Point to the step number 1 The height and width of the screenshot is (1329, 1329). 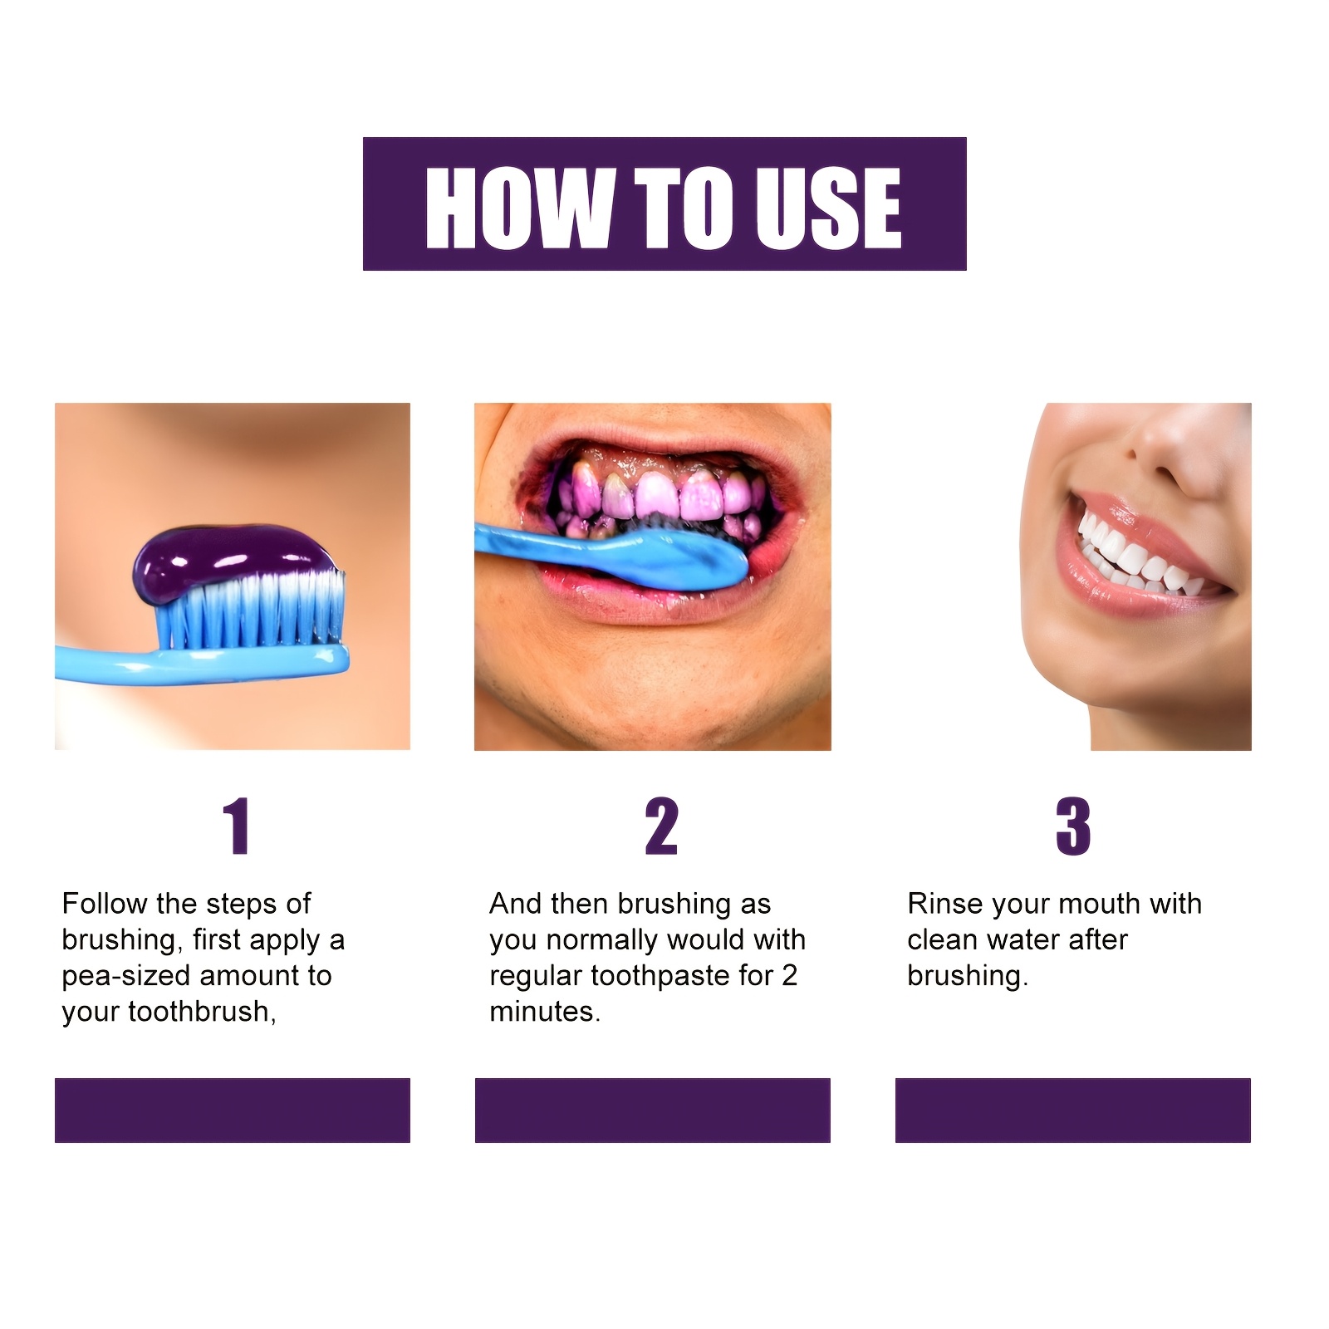click(x=237, y=826)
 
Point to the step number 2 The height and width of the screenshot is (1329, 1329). click(x=661, y=826)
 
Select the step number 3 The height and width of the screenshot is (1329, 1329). click(x=1072, y=826)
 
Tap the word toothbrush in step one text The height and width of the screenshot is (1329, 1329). click(x=199, y=1012)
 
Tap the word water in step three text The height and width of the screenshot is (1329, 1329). click(x=1017, y=940)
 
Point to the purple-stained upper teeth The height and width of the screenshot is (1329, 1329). click(x=656, y=498)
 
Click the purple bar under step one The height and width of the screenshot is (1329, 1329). click(x=233, y=1110)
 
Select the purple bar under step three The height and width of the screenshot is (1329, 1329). click(x=1072, y=1110)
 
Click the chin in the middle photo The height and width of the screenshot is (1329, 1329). click(x=656, y=706)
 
